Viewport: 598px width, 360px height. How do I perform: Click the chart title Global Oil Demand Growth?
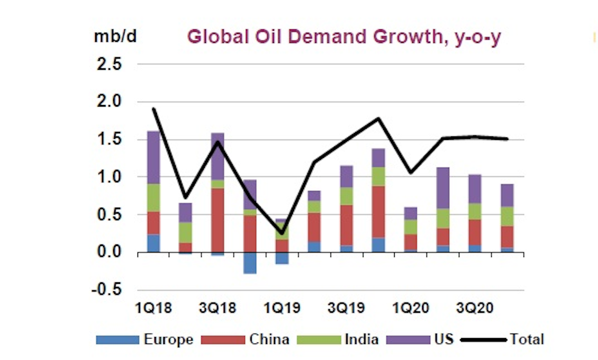(x=343, y=37)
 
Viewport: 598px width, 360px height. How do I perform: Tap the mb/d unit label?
(x=114, y=37)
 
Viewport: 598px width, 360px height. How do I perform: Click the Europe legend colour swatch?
(x=118, y=340)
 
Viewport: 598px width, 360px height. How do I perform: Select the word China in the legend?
(x=269, y=340)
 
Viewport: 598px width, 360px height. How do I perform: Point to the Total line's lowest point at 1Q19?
(x=282, y=233)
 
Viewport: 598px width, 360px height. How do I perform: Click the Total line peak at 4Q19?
(x=378, y=119)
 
